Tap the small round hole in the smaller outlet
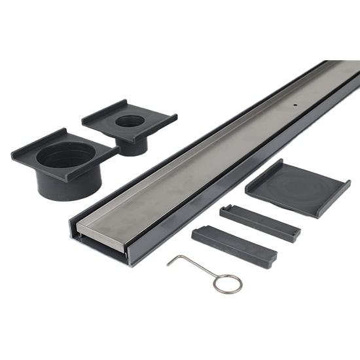pyautogui.click(x=134, y=121)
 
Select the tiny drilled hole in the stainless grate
pyautogui.click(x=296, y=103)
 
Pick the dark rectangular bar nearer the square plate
pyautogui.click(x=260, y=222)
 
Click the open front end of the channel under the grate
pyautogui.click(x=98, y=245)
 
